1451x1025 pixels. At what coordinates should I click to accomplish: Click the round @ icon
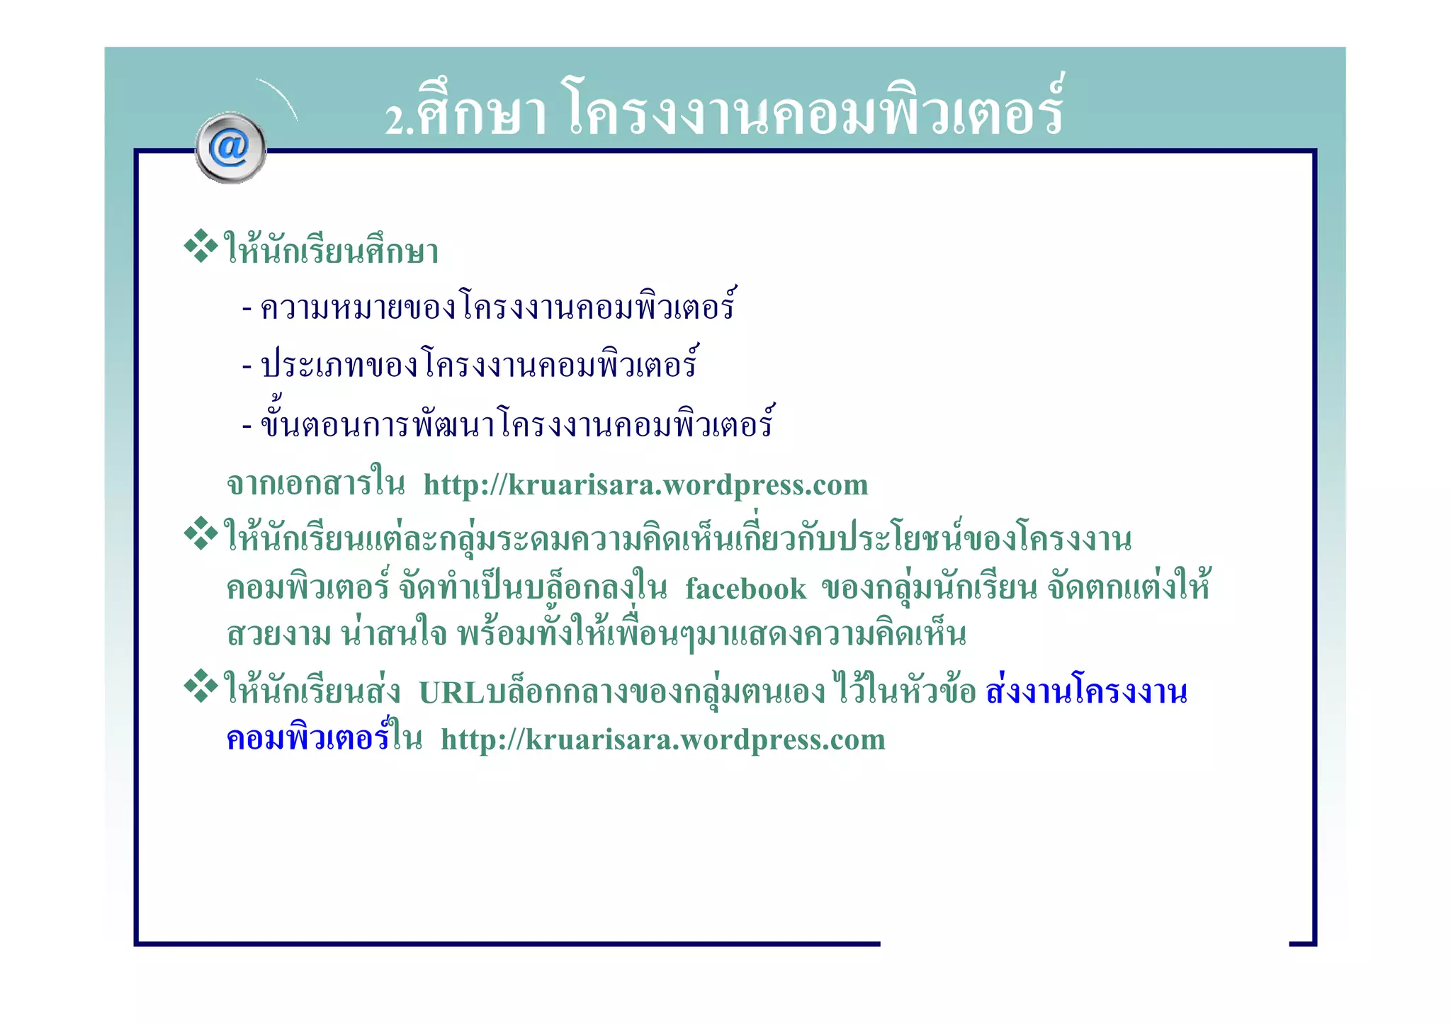(230, 148)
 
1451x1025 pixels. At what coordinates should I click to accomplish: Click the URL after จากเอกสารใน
(645, 485)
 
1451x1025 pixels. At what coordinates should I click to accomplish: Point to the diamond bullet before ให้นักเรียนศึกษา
(201, 246)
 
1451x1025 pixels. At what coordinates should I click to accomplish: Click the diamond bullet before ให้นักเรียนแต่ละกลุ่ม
(201, 534)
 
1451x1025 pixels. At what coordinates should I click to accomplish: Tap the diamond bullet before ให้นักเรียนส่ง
(201, 686)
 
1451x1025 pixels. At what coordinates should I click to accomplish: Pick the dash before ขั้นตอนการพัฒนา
(247, 426)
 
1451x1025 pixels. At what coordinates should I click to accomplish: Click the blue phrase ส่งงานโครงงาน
(1086, 692)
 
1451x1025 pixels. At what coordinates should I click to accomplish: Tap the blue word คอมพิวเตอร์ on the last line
(307, 739)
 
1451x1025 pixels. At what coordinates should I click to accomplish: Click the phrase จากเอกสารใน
(315, 485)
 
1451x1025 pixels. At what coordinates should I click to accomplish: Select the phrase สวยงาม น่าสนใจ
(337, 634)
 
